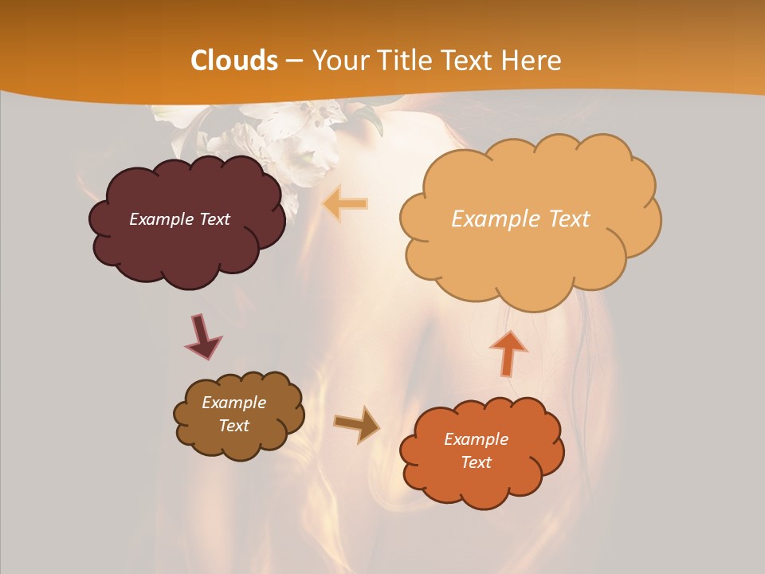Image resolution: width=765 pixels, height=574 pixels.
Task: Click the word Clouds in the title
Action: pyautogui.click(x=234, y=61)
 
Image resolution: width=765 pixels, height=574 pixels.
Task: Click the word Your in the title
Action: pyautogui.click(x=336, y=61)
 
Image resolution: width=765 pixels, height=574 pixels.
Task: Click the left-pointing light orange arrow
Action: pyautogui.click(x=346, y=204)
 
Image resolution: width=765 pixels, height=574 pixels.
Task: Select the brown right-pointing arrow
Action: pyautogui.click(x=356, y=424)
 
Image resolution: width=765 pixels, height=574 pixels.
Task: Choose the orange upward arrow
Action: pyautogui.click(x=508, y=352)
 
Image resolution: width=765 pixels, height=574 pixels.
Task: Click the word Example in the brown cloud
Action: pyautogui.click(x=233, y=403)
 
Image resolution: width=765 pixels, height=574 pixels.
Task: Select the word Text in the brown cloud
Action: pyautogui.click(x=233, y=426)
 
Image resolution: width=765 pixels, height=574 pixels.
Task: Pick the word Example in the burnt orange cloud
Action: pyautogui.click(x=476, y=439)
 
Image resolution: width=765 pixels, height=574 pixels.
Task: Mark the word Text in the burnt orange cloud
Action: pyautogui.click(x=476, y=462)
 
